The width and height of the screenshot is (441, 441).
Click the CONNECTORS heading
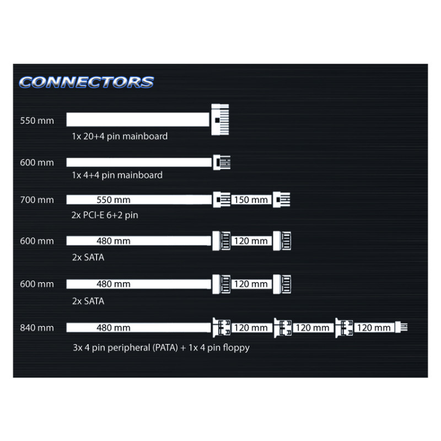[x=87, y=82]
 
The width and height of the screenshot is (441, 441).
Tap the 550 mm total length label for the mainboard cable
[x=37, y=121]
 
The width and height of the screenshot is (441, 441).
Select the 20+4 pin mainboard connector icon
[x=220, y=120]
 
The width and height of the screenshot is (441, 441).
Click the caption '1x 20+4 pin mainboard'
[x=120, y=136]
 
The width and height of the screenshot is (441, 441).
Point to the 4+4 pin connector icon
[x=222, y=162]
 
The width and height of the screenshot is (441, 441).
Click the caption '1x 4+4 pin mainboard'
[x=117, y=175]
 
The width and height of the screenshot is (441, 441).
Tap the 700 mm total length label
[x=37, y=200]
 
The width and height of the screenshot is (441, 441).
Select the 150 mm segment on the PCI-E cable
[x=251, y=200]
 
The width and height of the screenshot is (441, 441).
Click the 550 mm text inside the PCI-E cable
[x=114, y=200]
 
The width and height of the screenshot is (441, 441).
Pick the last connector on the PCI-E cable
[x=282, y=200]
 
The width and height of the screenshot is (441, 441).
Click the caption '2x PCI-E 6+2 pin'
[x=105, y=215]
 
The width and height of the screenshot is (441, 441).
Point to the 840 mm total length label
[x=37, y=328]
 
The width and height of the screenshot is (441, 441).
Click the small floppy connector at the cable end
[x=401, y=327]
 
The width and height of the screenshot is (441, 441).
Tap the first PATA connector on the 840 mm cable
[x=222, y=327]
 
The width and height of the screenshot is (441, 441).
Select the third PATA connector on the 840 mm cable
[x=344, y=327]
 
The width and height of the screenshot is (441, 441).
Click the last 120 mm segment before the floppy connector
[x=374, y=328]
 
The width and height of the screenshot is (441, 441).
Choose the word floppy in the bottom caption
[x=236, y=348]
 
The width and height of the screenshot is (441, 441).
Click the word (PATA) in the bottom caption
[x=165, y=348]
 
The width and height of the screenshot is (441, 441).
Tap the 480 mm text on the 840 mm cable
[x=114, y=328]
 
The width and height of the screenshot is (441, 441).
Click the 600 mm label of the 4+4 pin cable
[x=37, y=163]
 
